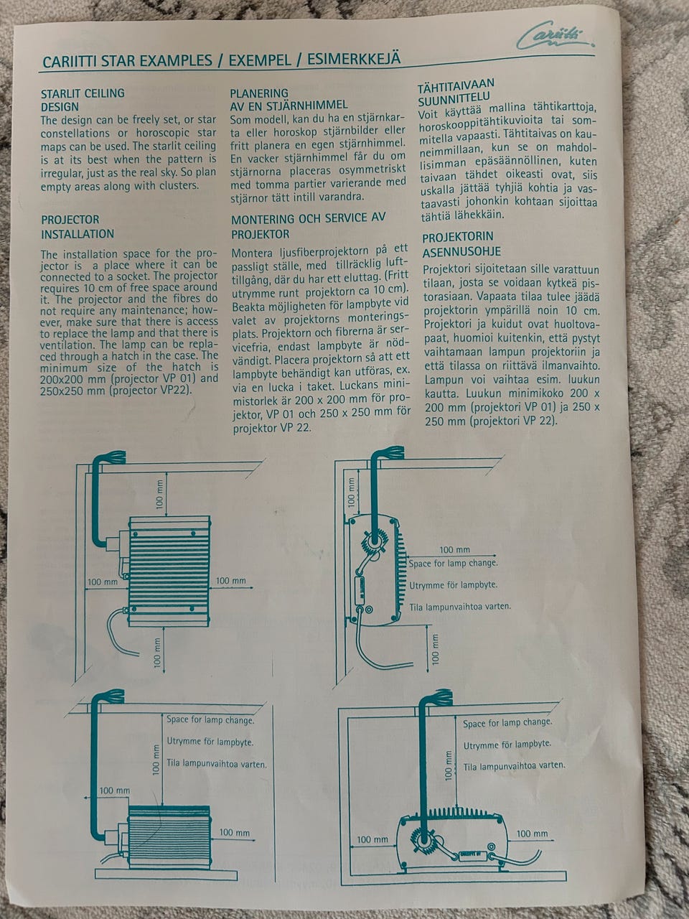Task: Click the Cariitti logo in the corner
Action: tap(554, 35)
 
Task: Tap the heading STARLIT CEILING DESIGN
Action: tap(83, 100)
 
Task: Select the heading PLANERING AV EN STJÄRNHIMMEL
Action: tap(289, 99)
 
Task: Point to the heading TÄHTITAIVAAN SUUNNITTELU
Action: tap(456, 92)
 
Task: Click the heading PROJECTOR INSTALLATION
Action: tap(78, 226)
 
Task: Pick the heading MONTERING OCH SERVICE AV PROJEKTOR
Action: tap(309, 225)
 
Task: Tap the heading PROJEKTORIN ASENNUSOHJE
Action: tap(461, 244)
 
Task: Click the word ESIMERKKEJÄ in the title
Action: tap(354, 59)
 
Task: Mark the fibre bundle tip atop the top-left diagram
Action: tap(118, 457)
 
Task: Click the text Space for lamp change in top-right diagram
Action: tap(453, 563)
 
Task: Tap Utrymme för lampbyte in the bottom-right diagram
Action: tap(507, 745)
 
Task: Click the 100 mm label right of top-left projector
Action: tap(230, 581)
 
